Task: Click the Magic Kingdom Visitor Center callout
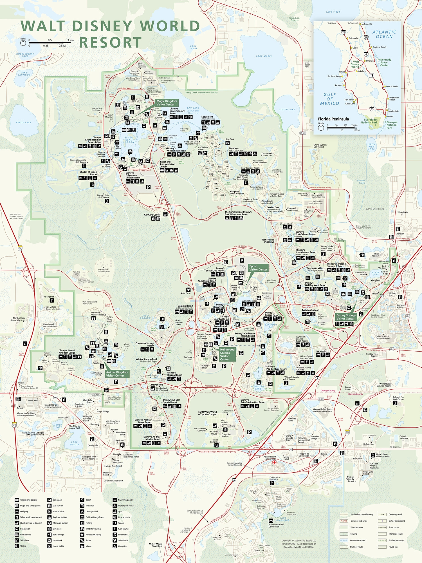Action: tap(167, 103)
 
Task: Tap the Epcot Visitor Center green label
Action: tap(258, 268)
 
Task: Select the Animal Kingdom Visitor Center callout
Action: tap(117, 374)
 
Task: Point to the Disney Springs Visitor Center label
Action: tap(346, 317)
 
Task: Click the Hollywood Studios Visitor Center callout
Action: tap(227, 354)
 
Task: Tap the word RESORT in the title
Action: tap(110, 43)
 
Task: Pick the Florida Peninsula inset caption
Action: tap(333, 119)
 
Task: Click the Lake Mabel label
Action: tap(264, 56)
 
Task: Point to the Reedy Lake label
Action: tap(24, 122)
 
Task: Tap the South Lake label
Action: tap(287, 110)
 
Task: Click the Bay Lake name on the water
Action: tap(193, 108)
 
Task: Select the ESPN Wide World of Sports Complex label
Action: tap(208, 413)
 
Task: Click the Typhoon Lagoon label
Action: tap(310, 310)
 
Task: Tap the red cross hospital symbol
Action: tap(274, 462)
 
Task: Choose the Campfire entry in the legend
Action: tap(122, 546)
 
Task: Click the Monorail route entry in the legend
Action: tap(396, 534)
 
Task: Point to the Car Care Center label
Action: tap(152, 215)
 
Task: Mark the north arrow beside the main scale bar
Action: tap(23, 43)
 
